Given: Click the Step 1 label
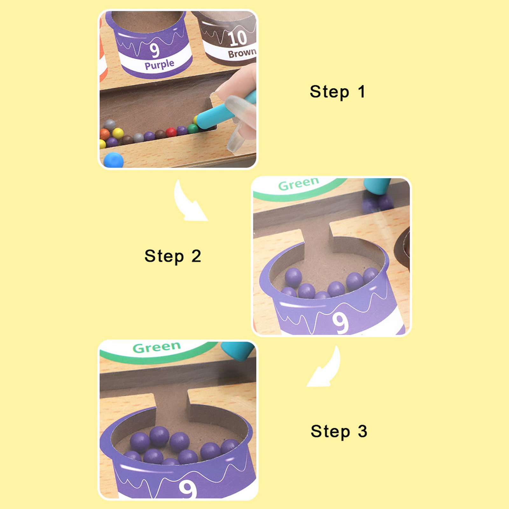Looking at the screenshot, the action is coord(338,92).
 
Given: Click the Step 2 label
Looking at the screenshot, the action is coord(173,256).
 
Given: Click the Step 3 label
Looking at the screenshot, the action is coord(339,431).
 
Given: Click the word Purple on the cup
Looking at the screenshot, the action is coord(159,65).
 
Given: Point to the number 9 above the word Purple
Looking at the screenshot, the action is coord(155,50).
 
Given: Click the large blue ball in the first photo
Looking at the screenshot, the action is coord(114,160).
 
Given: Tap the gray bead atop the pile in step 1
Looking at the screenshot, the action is coord(110,125).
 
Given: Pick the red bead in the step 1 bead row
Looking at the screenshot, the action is coord(171,132).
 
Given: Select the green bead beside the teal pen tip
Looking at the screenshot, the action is coord(193,129).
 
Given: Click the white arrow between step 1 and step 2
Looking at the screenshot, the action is coord(189,202).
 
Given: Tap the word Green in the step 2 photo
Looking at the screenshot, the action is coord(298,184).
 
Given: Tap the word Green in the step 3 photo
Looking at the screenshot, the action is coord(157,348).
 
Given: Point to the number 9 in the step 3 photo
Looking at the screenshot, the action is coord(187,489).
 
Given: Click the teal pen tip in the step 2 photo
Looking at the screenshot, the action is coord(377,186).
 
